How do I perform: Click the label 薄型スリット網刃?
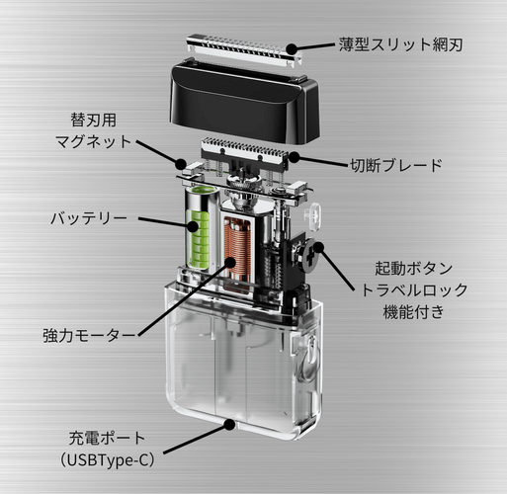pos(400,44)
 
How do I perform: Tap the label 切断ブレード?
pos(396,165)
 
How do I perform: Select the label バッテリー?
pos(89,218)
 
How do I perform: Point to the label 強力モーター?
pos(89,336)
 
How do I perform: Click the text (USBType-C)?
pos(108,460)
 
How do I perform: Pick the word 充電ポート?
pos(107,438)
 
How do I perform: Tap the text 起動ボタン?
pos(414,269)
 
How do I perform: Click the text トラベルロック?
pos(414,290)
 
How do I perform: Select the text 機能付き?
pos(414,312)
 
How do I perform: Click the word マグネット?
pos(94,141)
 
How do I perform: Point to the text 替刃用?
pos(94,120)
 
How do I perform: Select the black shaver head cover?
pos(245,101)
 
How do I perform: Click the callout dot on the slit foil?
pos(292,48)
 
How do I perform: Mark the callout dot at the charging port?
pos(229,425)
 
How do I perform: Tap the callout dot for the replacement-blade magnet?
pos(181,163)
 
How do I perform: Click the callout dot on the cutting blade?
pos(294,157)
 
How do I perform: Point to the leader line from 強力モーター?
pos(184,299)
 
